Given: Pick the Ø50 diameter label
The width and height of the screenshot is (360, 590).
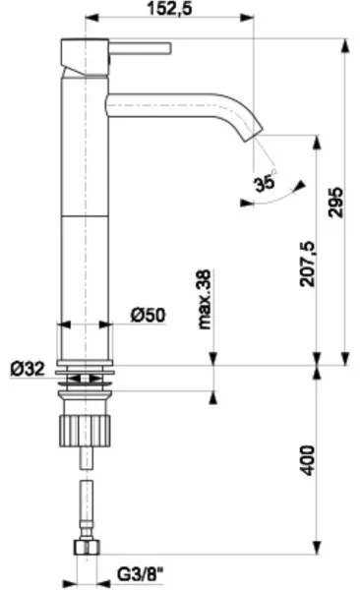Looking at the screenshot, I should click(x=148, y=315).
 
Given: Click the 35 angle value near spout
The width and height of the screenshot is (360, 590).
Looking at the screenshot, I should click(x=262, y=182).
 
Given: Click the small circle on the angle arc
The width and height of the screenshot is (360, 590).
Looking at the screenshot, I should click(x=274, y=173).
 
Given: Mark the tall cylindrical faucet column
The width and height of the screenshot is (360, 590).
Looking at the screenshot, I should click(x=84, y=197).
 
